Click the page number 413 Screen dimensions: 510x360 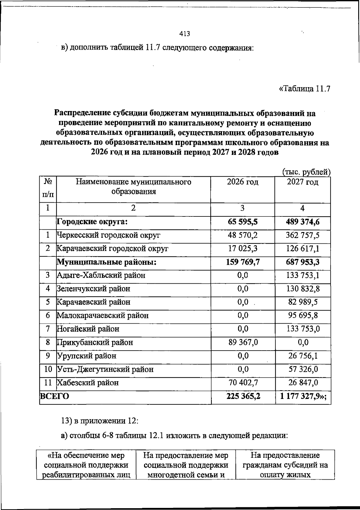click(x=184, y=34)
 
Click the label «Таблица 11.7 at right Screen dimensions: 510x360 click(x=305, y=89)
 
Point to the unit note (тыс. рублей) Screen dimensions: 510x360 click(x=307, y=172)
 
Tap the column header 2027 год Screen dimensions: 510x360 click(x=303, y=182)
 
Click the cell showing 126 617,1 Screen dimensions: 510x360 click(x=302, y=249)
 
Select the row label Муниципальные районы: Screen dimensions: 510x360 click(x=107, y=262)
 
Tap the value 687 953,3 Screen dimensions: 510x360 click(x=302, y=262)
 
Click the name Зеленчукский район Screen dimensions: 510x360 click(x=94, y=289)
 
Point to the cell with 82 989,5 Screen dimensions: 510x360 click(x=303, y=302)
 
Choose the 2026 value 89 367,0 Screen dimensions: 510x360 click(x=243, y=342)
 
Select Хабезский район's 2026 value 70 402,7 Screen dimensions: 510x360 click(x=243, y=382)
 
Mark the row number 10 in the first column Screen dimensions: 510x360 click(x=48, y=369)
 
